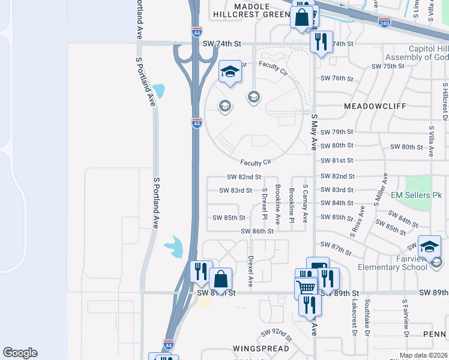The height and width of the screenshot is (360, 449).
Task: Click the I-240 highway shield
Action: [384, 22]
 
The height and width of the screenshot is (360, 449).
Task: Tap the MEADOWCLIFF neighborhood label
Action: [376, 106]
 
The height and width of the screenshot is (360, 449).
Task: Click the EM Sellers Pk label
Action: [416, 195]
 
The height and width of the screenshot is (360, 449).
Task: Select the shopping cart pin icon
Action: [306, 289]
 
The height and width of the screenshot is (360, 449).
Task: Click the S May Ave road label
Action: [313, 133]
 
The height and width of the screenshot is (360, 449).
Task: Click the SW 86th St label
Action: [258, 231]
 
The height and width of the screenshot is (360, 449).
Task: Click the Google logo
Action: [20, 353]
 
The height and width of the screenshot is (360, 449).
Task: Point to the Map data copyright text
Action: [423, 355]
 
